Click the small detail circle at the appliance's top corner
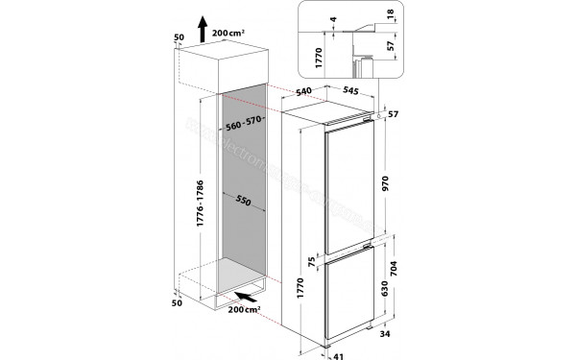[382, 116]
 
